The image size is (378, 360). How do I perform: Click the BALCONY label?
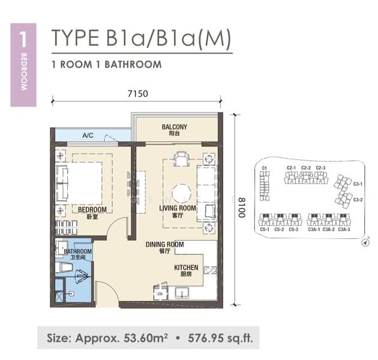pos(175,127)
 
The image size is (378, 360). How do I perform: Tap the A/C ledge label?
pos(88,136)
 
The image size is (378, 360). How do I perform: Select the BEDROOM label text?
pos(92,210)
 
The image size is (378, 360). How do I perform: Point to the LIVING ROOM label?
pos(178,208)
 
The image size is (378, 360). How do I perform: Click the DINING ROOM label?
pos(164,244)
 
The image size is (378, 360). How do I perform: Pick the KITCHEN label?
pos(186,268)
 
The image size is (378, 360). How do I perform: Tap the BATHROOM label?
pos(78,251)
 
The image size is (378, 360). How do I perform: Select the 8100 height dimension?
pos(241,207)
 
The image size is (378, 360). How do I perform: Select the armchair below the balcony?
pos(181,159)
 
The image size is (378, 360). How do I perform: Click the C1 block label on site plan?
pos(264,168)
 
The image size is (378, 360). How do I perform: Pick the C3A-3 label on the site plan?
pos(344,229)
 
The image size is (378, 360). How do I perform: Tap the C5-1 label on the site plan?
pos(265,229)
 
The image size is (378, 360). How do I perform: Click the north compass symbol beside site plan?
pos(365,244)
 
